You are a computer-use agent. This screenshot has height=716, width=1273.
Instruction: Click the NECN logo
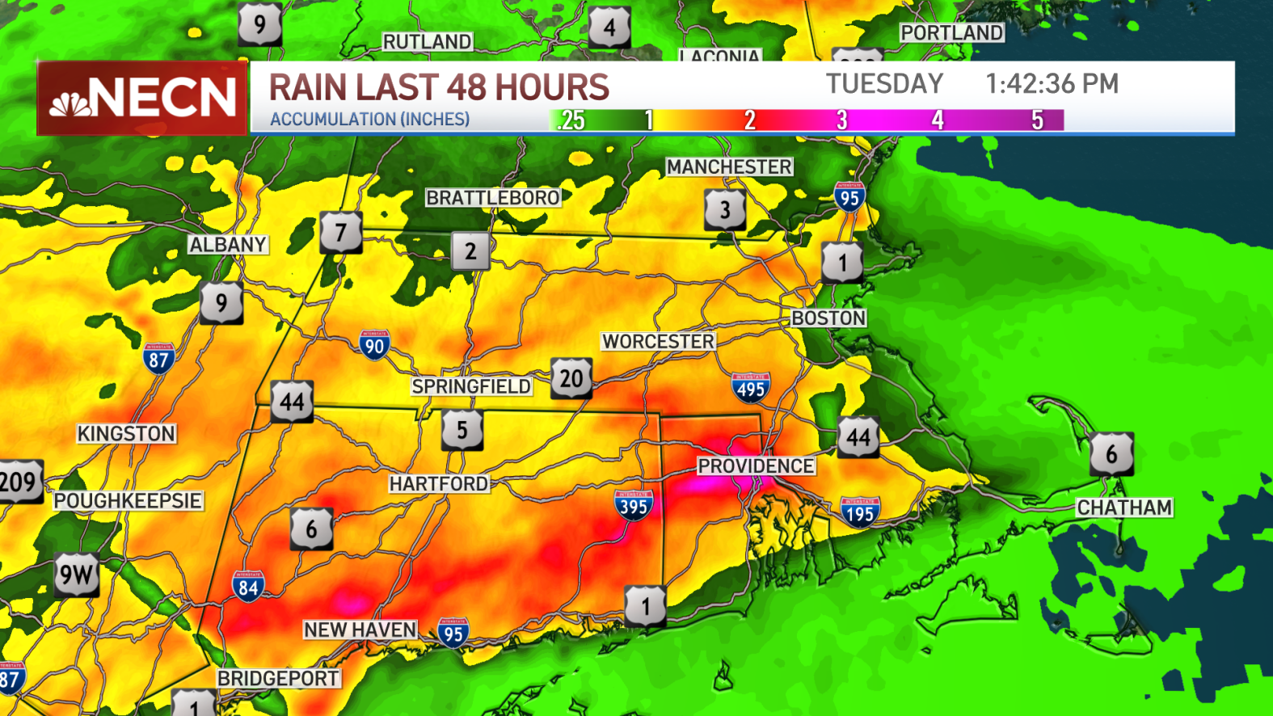coord(142,98)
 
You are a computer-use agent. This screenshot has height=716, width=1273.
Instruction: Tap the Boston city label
coord(828,318)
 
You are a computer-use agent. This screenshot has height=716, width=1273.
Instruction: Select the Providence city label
coord(756,466)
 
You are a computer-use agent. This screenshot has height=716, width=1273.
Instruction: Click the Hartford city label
coord(439,484)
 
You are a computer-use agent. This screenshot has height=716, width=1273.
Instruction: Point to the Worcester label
coord(658,342)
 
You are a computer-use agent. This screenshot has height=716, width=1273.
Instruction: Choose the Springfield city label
coord(471,387)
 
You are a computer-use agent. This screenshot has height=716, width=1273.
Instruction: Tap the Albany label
coord(228,245)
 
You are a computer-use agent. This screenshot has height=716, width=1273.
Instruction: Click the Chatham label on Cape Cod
coord(1124,508)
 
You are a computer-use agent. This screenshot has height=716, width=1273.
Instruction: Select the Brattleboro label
coord(493,198)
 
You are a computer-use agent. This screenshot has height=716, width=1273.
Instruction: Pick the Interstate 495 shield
coord(751,388)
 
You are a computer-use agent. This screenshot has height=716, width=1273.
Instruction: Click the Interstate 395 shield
coord(633,505)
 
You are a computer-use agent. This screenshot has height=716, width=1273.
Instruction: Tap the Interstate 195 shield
coord(860,512)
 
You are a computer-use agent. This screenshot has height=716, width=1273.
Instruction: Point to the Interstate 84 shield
coord(248,587)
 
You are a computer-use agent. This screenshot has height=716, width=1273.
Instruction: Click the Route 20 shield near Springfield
coord(571,378)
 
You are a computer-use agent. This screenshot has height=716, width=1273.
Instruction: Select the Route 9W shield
coord(77,575)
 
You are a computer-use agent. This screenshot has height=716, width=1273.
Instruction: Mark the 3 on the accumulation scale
coord(841,120)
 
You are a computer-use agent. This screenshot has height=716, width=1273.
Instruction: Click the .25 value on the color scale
coord(571,120)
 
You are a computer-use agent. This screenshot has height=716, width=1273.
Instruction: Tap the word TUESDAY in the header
coord(884,84)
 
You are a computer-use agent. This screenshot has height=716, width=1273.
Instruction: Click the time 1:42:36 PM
coord(1052,84)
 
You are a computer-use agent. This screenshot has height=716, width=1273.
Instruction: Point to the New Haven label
coord(360,630)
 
